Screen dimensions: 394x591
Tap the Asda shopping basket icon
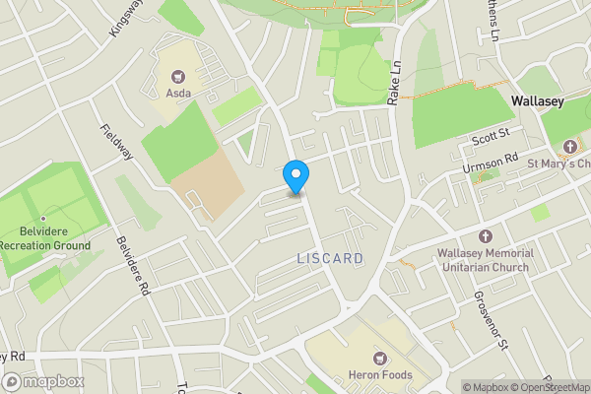178,76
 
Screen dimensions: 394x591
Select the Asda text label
178,94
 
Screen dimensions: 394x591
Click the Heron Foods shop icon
378,359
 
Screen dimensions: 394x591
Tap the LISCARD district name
330,258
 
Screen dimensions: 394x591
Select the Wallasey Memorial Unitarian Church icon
485,236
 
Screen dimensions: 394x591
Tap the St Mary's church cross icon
568,147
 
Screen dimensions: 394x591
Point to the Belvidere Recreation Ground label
45,238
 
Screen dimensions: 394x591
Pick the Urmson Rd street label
490,164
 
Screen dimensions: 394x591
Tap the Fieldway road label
117,142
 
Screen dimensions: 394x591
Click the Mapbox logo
43,381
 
